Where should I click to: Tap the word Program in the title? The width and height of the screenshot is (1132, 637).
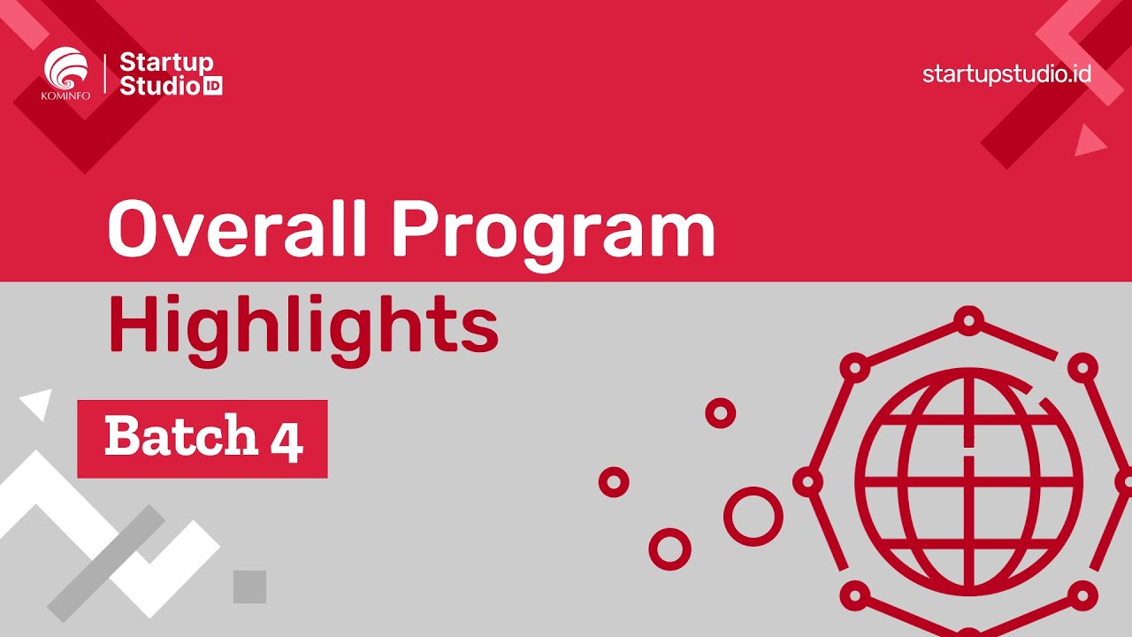[x=553, y=232]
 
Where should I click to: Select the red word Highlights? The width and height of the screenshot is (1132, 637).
[x=303, y=326]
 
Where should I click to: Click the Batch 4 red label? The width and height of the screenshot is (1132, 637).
[x=203, y=439]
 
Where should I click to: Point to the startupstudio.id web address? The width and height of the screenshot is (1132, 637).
[x=1006, y=73]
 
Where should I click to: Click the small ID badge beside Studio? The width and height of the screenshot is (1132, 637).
[x=212, y=87]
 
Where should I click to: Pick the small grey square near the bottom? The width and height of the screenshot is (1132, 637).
[x=249, y=587]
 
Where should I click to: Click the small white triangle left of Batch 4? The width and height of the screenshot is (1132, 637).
[x=36, y=404]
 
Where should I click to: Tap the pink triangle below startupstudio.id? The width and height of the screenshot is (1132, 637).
[x=1088, y=141]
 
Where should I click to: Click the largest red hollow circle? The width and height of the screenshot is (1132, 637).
[x=753, y=516]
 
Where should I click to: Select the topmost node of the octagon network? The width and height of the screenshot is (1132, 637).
[x=969, y=319]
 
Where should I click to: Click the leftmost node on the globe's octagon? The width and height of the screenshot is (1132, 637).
[x=807, y=482]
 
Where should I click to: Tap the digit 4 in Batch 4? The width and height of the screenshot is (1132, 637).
[x=287, y=441]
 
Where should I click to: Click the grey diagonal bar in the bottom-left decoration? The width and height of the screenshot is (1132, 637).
[x=107, y=564]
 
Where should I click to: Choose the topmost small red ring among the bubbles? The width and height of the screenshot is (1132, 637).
[x=720, y=412]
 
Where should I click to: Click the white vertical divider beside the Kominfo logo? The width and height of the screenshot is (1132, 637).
[x=106, y=73]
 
